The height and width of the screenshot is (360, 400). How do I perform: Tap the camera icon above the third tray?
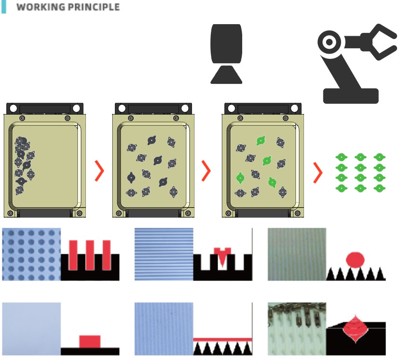pyautogui.click(x=226, y=54)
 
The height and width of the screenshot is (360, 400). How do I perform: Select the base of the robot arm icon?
pyautogui.click(x=351, y=96)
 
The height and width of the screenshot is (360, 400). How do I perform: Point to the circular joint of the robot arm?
pyautogui.click(x=330, y=42)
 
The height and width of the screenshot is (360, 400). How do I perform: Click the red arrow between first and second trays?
pyautogui.click(x=100, y=171)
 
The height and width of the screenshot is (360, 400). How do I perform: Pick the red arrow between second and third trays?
pyautogui.click(x=207, y=171)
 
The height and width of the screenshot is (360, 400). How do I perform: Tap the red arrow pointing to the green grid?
pyautogui.click(x=318, y=172)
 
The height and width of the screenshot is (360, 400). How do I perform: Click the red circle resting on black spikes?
pyautogui.click(x=355, y=260)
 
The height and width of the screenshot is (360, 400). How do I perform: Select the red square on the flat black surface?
pyautogui.click(x=90, y=341)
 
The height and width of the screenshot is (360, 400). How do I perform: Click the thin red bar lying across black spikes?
pyautogui.click(x=223, y=339)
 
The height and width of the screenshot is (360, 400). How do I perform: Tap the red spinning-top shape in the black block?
pyautogui.click(x=355, y=329)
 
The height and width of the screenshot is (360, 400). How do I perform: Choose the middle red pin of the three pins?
pyautogui.click(x=90, y=255)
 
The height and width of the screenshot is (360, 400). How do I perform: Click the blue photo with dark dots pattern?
pyautogui.click(x=31, y=254)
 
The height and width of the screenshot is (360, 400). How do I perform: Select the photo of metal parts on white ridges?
pyautogui.click(x=297, y=329)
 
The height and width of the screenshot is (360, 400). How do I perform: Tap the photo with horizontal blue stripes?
pyautogui.click(x=164, y=254)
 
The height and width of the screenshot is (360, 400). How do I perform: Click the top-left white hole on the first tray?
pyautogui.click(x=13, y=108)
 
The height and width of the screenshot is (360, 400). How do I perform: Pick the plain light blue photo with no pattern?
pyautogui.click(x=31, y=329)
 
